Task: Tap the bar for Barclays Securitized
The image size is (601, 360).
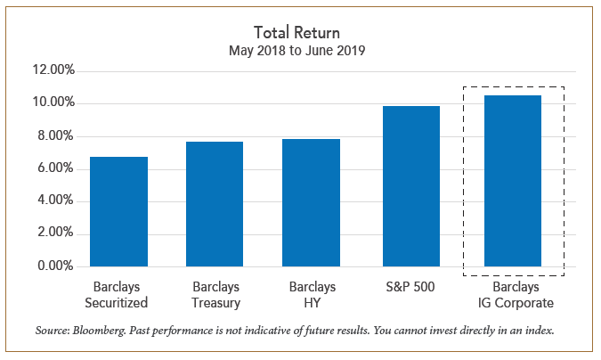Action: click(x=118, y=212)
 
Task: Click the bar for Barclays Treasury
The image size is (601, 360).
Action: click(x=215, y=204)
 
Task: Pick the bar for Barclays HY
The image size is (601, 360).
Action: click(x=312, y=203)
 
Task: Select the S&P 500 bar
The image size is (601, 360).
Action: click(x=410, y=186)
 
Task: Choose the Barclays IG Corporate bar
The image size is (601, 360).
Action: click(x=513, y=181)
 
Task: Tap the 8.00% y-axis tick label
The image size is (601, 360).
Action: click(x=55, y=136)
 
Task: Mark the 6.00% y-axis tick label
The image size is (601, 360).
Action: click(x=55, y=169)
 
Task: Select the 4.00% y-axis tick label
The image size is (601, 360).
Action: click(x=55, y=201)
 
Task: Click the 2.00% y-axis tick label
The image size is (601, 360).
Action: click(x=55, y=234)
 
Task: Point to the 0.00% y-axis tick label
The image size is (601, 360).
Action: click(x=55, y=266)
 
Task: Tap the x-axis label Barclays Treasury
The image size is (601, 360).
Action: click(x=215, y=295)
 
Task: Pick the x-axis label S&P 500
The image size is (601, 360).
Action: click(x=410, y=288)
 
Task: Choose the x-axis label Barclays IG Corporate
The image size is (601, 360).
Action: click(x=513, y=295)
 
